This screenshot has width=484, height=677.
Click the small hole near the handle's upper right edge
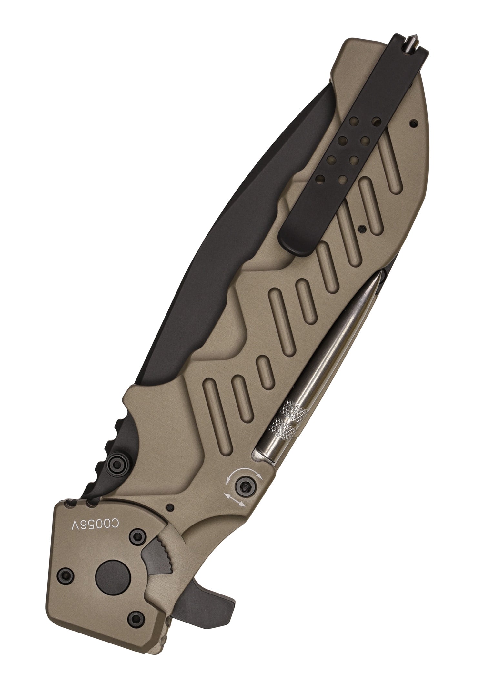pos(412,123)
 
